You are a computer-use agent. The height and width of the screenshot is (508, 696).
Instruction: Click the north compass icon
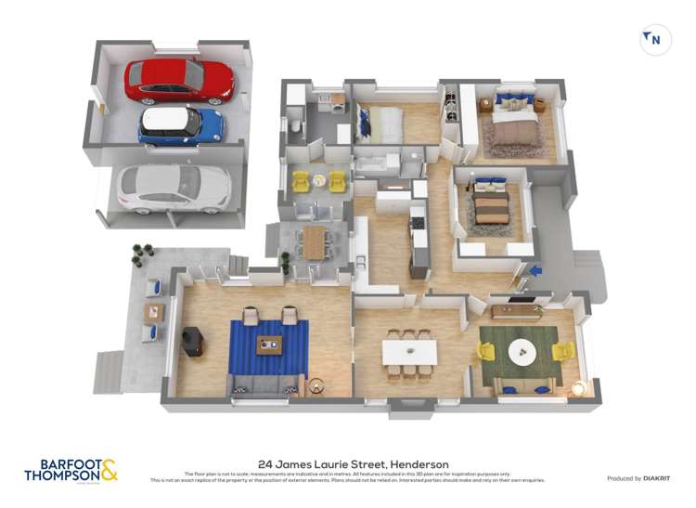655,39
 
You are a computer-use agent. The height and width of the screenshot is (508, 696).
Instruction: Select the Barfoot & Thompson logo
71,470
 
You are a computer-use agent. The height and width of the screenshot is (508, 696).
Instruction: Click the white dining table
409,352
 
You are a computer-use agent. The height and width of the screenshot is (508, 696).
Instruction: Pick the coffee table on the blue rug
270,346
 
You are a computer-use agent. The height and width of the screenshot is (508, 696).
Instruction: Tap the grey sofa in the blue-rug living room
264,383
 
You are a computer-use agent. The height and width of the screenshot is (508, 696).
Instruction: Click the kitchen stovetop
417,223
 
